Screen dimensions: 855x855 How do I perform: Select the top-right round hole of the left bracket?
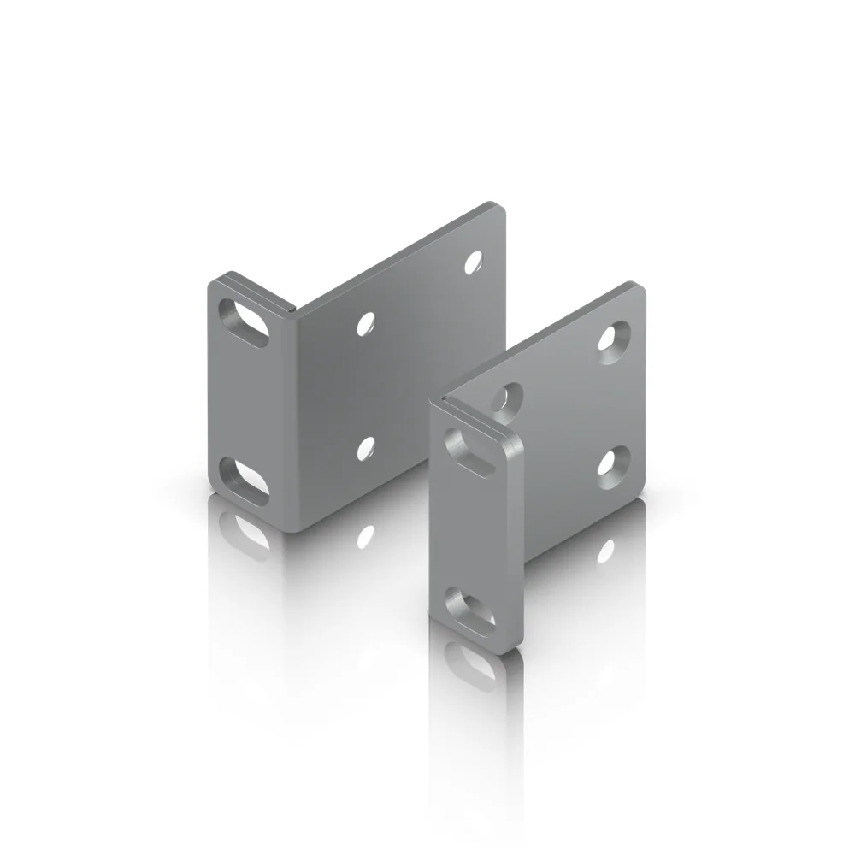[x=473, y=262]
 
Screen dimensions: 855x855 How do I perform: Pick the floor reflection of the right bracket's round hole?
[x=609, y=548]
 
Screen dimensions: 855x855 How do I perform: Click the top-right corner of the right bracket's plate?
[x=639, y=285]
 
